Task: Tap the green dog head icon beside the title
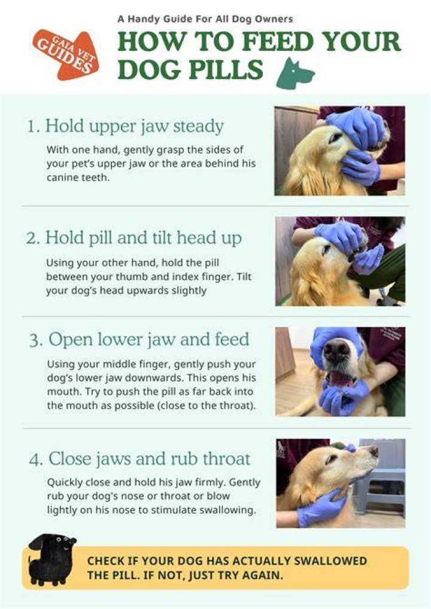click(x=295, y=73)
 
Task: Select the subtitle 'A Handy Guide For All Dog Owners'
click(x=205, y=19)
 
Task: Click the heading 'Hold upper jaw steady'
click(x=135, y=126)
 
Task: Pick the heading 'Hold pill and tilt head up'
click(x=144, y=237)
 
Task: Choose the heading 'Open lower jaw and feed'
click(x=149, y=339)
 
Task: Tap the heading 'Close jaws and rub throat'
click(x=149, y=459)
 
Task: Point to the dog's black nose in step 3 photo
click(x=336, y=350)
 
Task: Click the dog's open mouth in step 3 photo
click(x=339, y=379)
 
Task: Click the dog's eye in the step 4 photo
click(x=332, y=459)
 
